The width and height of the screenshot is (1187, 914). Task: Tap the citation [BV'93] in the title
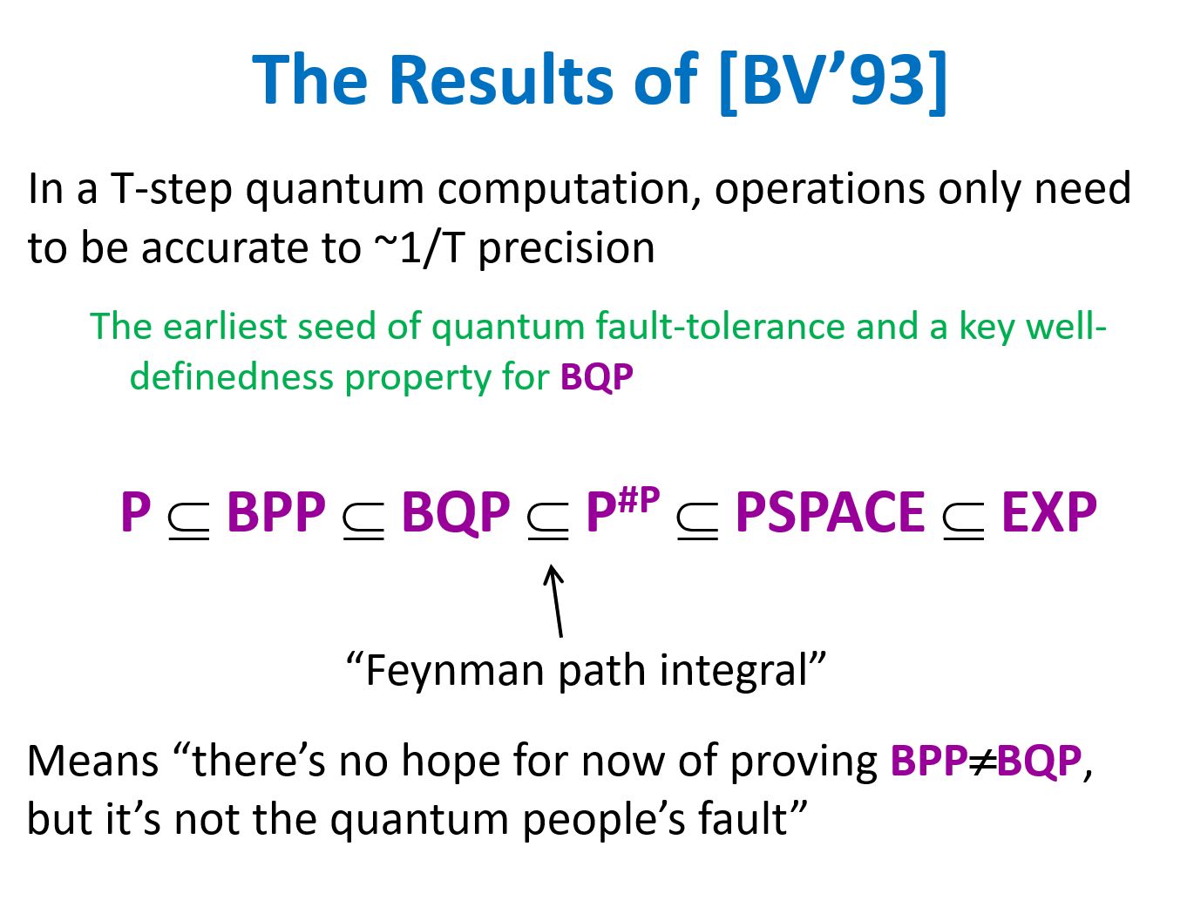coord(834,82)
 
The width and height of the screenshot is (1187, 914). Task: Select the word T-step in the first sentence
coord(172,189)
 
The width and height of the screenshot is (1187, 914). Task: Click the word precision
coord(566,249)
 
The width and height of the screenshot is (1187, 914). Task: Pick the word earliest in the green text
coord(225,326)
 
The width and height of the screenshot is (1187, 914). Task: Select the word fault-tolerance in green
coord(719,326)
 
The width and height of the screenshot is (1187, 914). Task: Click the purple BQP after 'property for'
coord(596,377)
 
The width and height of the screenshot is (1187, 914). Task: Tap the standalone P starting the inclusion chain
coord(135,511)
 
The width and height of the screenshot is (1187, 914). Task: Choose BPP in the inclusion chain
coord(276,511)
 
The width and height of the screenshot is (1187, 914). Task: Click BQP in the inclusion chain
coord(456,512)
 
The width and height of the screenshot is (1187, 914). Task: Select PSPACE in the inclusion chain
coord(830,511)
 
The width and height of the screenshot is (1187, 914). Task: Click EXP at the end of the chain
coord(1048,511)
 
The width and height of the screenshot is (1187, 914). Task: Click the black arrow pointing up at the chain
coord(555,600)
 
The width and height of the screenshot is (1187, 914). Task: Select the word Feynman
coord(454,671)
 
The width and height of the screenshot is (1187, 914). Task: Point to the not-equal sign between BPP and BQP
coord(981,761)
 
